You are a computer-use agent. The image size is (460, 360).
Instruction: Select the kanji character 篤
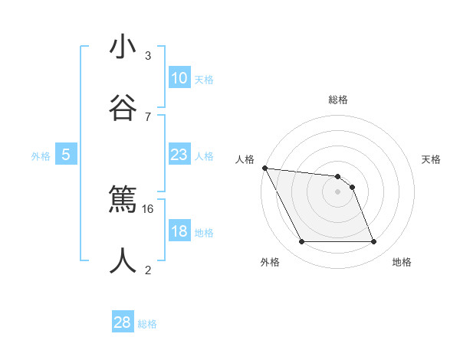(x=123, y=200)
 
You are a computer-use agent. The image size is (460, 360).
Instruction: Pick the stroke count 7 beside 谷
(x=148, y=116)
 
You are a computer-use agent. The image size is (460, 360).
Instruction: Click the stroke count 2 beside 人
(x=148, y=269)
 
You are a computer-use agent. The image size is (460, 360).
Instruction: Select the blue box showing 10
(x=179, y=78)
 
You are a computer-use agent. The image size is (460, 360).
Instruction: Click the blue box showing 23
(x=179, y=155)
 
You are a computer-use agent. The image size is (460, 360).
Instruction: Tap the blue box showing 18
(x=179, y=231)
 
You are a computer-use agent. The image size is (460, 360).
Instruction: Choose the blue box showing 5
(x=66, y=155)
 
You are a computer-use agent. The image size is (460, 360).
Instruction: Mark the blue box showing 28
(x=123, y=322)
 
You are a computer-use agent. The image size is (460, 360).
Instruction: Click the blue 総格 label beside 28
(x=147, y=324)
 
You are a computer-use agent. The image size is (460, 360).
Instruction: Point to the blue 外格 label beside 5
(x=41, y=156)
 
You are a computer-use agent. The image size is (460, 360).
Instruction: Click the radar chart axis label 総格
(x=338, y=100)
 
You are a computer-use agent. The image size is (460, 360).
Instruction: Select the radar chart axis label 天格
(x=431, y=159)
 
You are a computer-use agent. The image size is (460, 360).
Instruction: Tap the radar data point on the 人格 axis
(x=264, y=168)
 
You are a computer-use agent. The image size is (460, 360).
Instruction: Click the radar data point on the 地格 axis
(x=373, y=242)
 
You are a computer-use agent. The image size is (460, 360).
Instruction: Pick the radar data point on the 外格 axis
(x=301, y=242)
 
